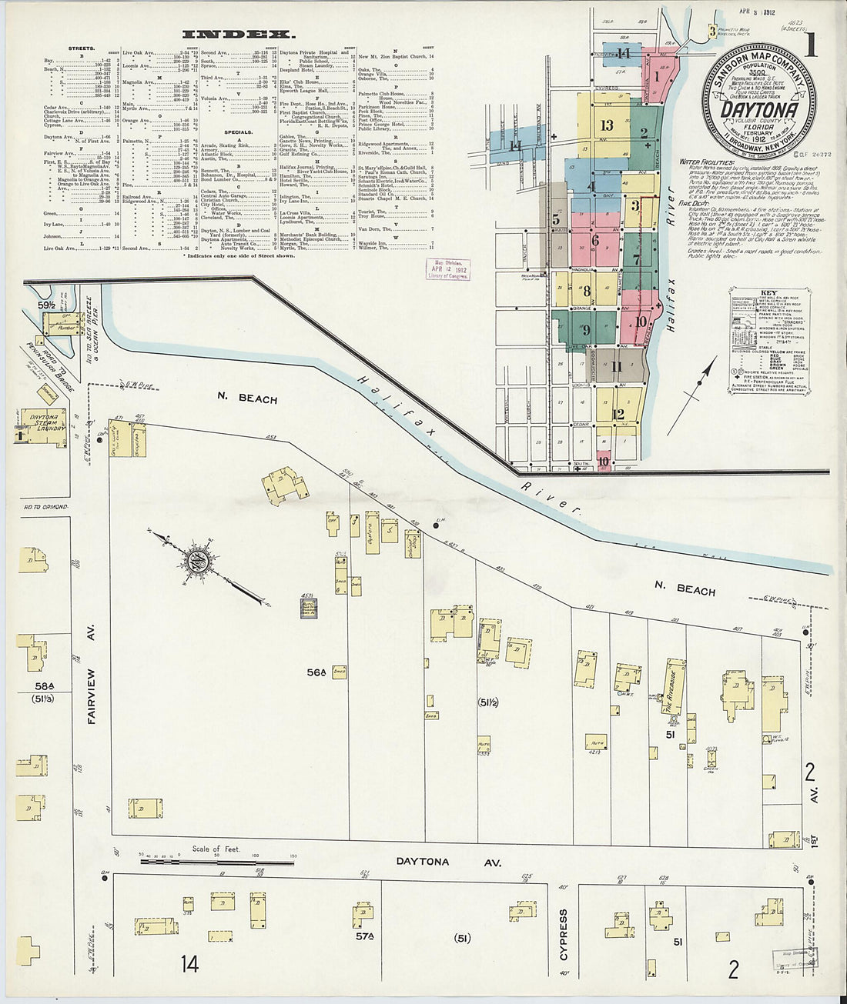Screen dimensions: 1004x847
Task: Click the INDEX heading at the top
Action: click(238, 34)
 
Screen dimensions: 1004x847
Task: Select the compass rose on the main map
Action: click(196, 559)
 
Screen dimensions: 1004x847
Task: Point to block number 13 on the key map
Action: click(607, 125)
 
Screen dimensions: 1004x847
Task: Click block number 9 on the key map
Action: click(587, 330)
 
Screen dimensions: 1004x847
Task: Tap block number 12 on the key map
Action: click(618, 413)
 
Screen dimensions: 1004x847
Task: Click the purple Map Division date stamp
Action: click(448, 269)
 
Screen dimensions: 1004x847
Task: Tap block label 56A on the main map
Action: click(316, 672)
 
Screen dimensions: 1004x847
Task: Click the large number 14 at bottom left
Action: click(189, 962)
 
